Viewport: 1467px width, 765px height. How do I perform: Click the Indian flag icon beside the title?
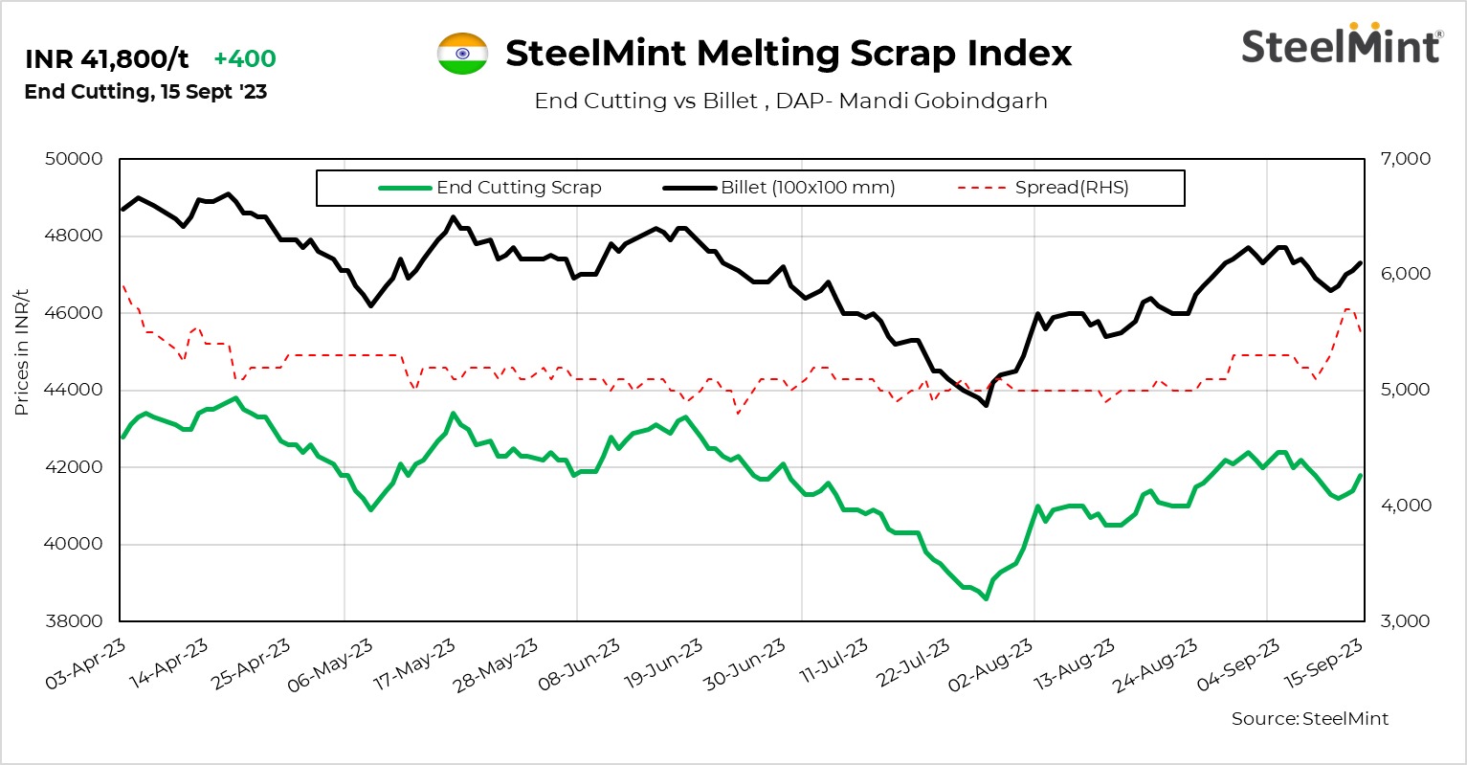pos(462,54)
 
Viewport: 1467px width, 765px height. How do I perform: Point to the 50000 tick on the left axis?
pos(74,159)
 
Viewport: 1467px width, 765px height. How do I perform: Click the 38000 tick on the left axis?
pos(74,621)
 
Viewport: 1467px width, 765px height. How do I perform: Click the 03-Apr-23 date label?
pos(86,664)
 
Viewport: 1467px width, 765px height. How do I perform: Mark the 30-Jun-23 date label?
pos(745,664)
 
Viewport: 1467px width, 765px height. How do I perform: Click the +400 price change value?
pos(244,58)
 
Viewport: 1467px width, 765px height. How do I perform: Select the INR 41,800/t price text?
pos(107,59)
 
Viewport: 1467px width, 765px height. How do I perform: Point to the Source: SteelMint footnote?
pos(1309,718)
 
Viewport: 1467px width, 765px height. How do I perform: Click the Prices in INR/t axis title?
pos(22,351)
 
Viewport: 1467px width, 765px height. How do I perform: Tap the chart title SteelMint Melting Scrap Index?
pos(789,54)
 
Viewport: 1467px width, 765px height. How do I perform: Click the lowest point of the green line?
pos(986,598)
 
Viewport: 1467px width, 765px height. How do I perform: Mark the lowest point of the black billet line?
pos(986,405)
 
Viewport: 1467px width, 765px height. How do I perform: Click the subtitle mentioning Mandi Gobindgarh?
pos(790,101)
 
